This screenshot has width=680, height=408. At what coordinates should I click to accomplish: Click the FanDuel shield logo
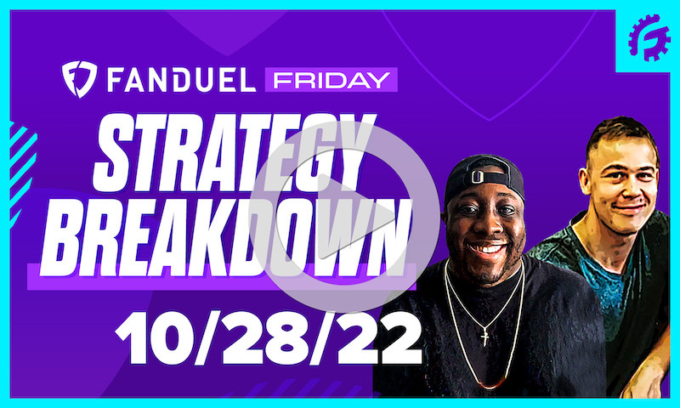click(79, 80)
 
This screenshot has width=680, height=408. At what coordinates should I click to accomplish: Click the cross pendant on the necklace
click(486, 337)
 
